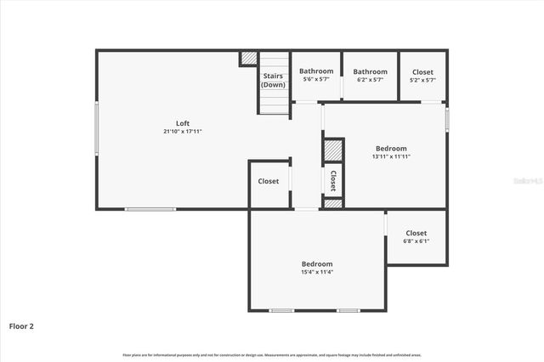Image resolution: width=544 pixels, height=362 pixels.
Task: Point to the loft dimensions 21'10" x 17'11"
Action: point(183,132)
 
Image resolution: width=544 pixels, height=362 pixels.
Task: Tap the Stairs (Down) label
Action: point(273,80)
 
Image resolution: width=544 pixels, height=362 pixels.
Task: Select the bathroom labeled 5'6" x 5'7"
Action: point(316,76)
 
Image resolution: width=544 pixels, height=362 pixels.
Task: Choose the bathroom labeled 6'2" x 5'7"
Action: point(370,76)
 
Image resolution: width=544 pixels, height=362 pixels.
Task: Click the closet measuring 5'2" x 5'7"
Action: point(422,76)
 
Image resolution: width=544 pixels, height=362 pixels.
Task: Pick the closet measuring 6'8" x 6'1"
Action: point(416,237)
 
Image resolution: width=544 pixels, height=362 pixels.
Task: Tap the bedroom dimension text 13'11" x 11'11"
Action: point(391,156)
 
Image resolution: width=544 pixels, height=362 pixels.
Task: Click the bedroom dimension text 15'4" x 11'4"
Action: point(316,272)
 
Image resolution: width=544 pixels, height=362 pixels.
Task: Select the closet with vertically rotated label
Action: point(333,179)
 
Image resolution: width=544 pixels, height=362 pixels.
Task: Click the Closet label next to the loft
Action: point(269,181)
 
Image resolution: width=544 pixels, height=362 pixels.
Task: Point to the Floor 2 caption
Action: point(21,325)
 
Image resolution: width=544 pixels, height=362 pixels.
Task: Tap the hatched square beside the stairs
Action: point(248,59)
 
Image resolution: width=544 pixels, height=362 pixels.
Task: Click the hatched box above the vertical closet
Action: point(333,150)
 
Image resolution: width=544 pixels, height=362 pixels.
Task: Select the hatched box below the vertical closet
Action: point(333,204)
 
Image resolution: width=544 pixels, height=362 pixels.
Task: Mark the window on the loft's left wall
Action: point(96,128)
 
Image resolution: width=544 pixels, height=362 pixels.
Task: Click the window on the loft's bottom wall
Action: point(150,209)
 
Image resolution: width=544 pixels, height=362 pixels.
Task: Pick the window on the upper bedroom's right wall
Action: point(447,117)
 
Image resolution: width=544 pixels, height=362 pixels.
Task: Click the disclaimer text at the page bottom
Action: point(272,354)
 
